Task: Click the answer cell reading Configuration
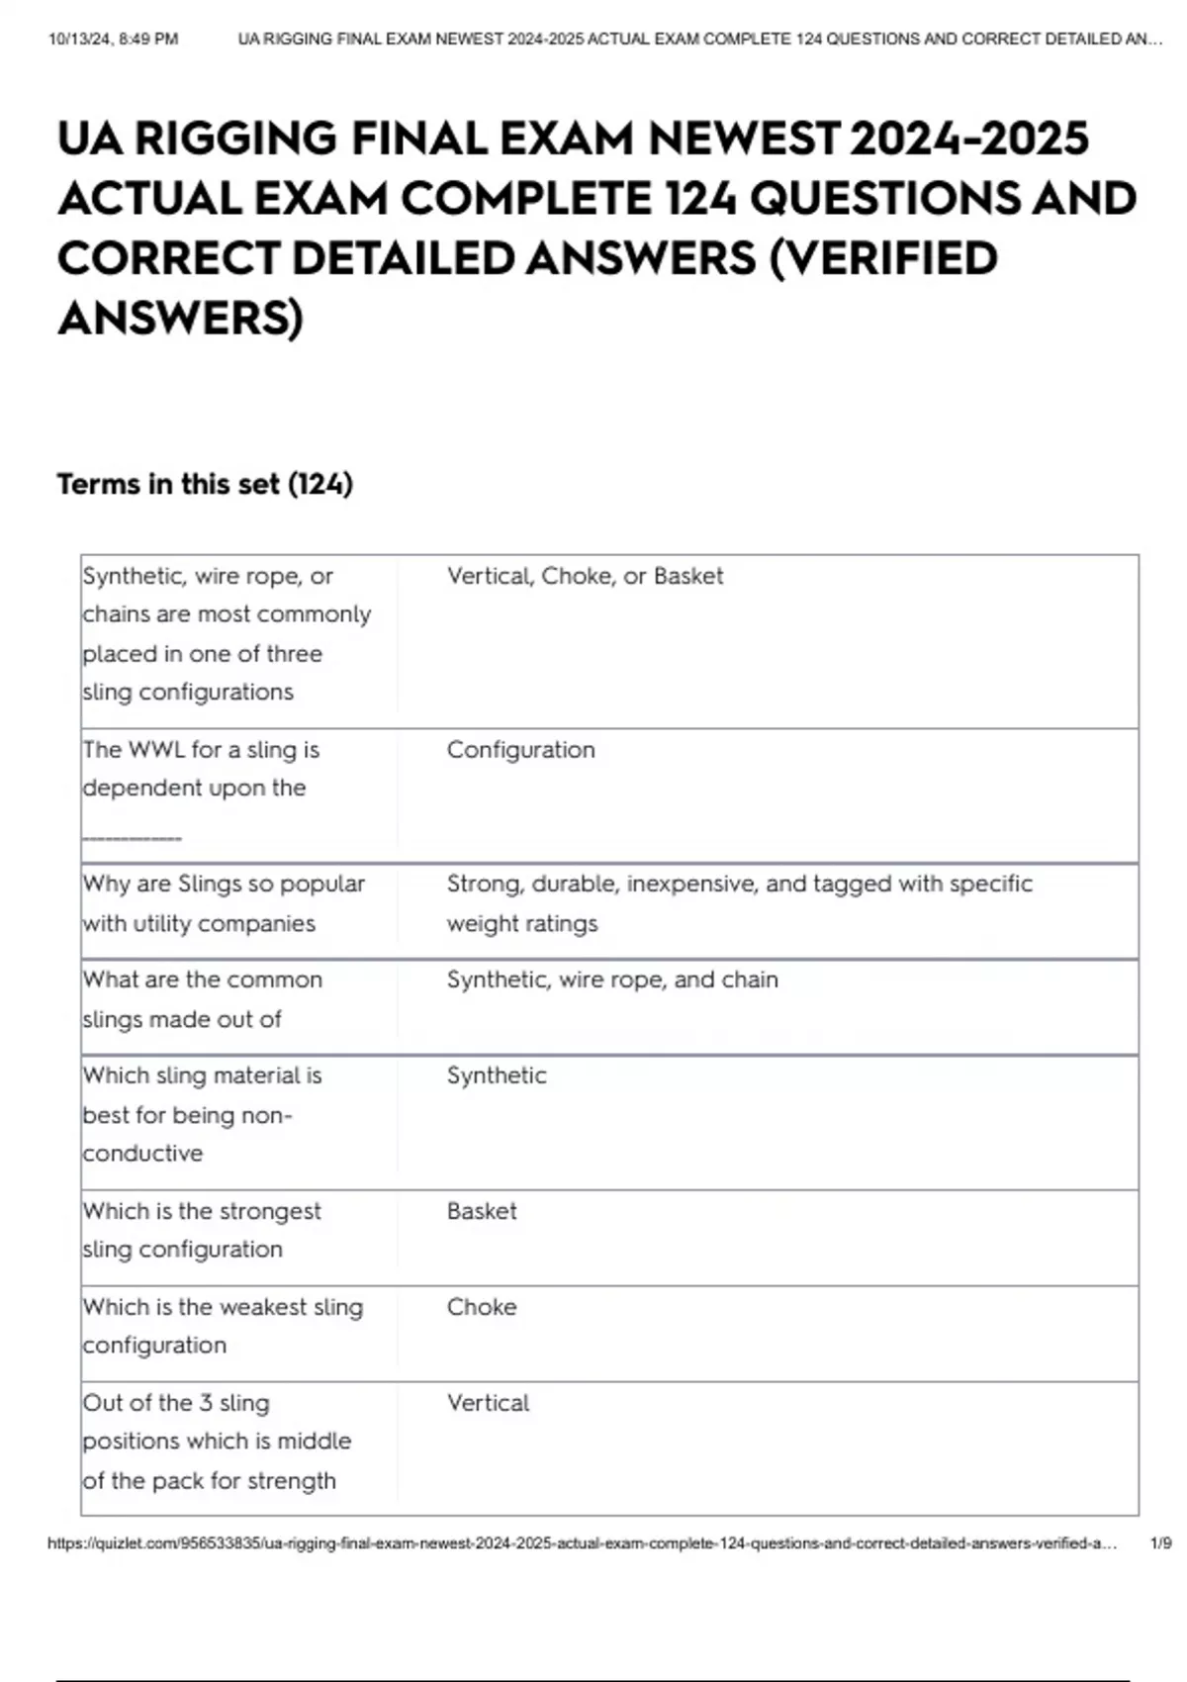tap(520, 750)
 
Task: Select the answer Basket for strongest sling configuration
tap(482, 1211)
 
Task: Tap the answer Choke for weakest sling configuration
tap(482, 1307)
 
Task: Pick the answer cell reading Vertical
tap(488, 1403)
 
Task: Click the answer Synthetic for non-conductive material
tap(497, 1075)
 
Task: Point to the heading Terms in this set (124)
tap(205, 484)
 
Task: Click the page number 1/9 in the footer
tap(1160, 1543)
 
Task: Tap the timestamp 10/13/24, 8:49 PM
tap(113, 40)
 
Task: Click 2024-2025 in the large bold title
tap(968, 139)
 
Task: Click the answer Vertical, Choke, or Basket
tap(585, 576)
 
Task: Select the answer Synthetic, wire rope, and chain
tap(612, 980)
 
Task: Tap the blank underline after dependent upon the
tap(132, 837)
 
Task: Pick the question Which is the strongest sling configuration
tap(202, 1230)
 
